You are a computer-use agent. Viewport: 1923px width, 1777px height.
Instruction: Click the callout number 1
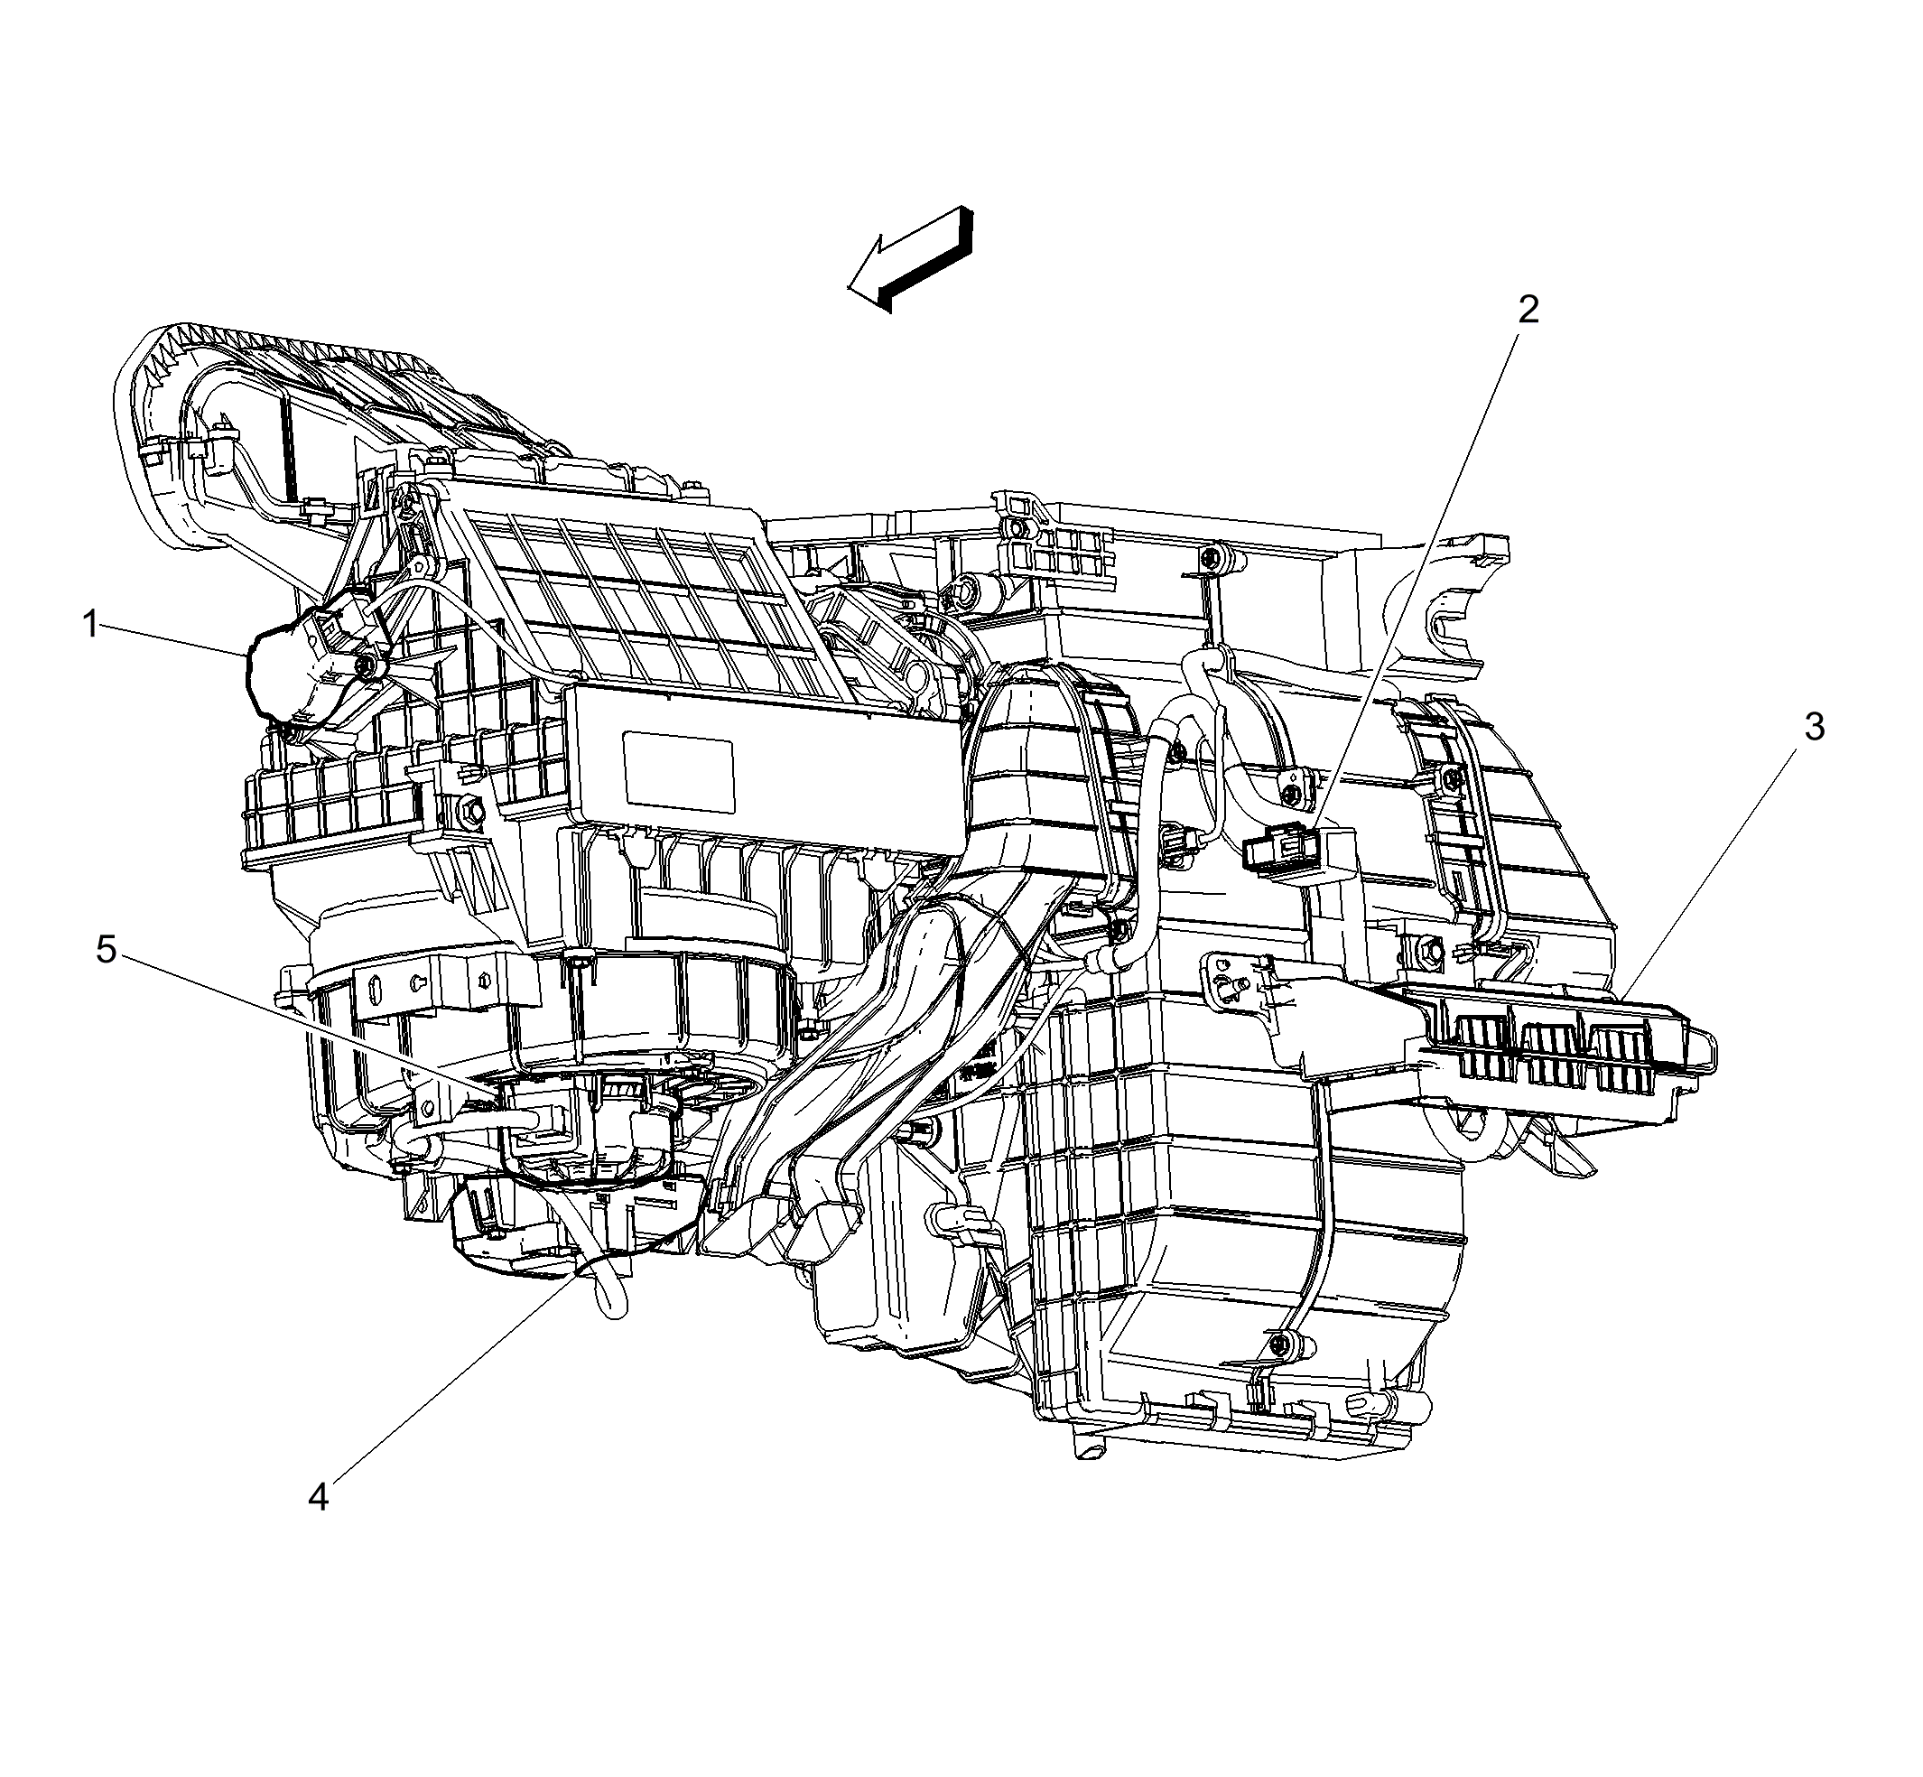(91, 626)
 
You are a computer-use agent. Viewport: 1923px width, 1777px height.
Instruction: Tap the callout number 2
(1528, 310)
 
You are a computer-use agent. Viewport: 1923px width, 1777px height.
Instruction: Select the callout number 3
(1814, 727)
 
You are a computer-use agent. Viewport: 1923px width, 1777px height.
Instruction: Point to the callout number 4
(319, 1496)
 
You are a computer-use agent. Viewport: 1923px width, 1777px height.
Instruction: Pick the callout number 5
(106, 950)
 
